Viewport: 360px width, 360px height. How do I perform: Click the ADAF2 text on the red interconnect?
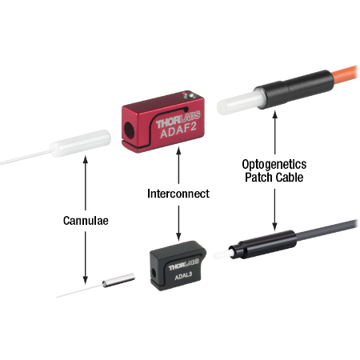tap(178, 131)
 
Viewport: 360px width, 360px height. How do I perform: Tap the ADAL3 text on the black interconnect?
tap(183, 276)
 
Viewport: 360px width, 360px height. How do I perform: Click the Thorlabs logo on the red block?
tap(178, 120)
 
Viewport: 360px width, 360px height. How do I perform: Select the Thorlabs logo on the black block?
tap(184, 265)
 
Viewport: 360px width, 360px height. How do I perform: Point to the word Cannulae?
tap(86, 221)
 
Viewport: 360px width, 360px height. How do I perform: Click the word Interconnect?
tap(178, 194)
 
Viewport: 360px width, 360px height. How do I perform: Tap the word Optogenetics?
tap(274, 165)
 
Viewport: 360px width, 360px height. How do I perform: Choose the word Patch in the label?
tap(258, 178)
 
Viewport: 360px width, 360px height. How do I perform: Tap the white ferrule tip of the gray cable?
tap(222, 255)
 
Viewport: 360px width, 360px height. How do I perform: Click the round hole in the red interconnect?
tap(130, 130)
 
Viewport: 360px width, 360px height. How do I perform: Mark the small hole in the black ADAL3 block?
tap(154, 273)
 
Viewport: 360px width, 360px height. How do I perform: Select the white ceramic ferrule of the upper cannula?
tap(81, 143)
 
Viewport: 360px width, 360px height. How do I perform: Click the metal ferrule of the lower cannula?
tap(118, 281)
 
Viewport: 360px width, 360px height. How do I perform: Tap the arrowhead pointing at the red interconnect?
tap(178, 151)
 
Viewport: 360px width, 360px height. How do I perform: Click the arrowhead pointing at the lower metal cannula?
tap(86, 280)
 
